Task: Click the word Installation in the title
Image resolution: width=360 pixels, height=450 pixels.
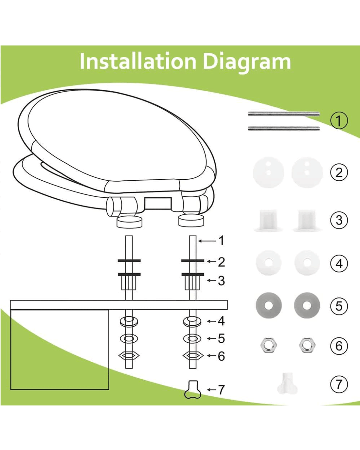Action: click(138, 61)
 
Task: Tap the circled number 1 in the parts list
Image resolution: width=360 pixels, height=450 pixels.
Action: click(339, 121)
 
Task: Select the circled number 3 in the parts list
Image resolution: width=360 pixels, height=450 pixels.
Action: click(339, 220)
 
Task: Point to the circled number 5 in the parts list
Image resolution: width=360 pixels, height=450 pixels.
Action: click(339, 306)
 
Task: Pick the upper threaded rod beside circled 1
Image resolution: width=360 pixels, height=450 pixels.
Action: click(284, 114)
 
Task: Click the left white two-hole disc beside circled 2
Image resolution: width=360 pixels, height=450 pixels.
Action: click(269, 172)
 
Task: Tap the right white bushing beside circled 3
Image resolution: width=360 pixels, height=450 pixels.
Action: click(307, 220)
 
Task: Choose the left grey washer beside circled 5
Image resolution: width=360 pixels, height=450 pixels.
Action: click(269, 305)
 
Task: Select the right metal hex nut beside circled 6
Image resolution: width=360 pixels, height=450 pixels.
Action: click(307, 346)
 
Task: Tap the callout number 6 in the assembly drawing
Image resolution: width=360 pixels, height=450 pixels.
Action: click(221, 356)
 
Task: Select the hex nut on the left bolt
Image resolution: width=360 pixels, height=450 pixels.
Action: click(129, 355)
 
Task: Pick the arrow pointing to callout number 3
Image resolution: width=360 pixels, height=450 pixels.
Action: click(212, 280)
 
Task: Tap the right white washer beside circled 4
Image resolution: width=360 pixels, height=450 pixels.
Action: click(307, 263)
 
